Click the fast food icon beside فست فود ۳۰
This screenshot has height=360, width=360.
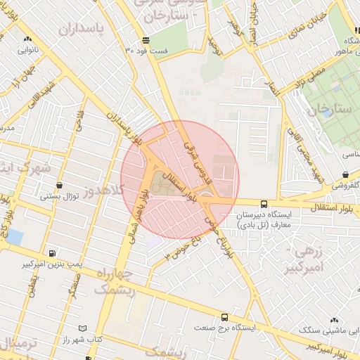click(x=146, y=40)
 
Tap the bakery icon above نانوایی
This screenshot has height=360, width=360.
click(x=27, y=39)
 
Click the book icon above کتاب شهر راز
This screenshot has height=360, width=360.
click(x=83, y=328)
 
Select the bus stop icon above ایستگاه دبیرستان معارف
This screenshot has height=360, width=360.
click(x=264, y=202)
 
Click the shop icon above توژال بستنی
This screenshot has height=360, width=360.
click(x=59, y=185)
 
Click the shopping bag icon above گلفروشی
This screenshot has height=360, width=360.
click(x=345, y=174)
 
